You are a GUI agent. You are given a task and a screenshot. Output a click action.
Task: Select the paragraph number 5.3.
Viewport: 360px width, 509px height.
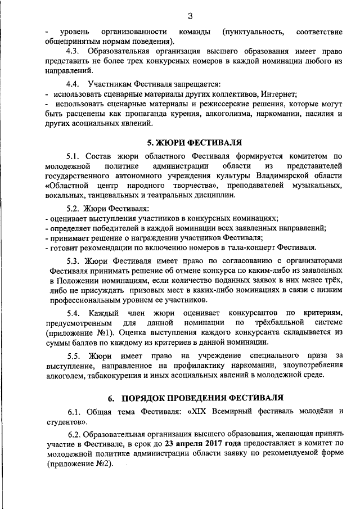[x=75, y=260]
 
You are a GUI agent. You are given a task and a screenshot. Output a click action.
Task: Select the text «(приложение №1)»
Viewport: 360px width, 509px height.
[x=75, y=332]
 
